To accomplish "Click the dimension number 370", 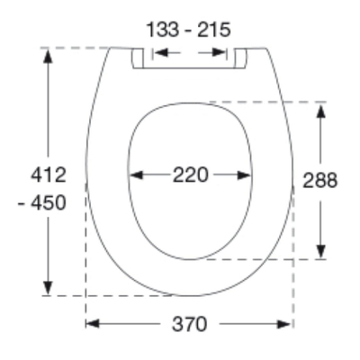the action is [189, 324].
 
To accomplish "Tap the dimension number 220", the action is [190, 175].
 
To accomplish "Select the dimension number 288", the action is [320, 181].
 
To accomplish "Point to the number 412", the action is [49, 175].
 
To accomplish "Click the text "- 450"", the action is [42, 202].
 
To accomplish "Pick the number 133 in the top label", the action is [163, 30].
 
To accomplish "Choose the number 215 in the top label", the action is [214, 30].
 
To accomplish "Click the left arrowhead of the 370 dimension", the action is [93, 324].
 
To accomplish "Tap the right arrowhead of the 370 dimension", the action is [284, 324].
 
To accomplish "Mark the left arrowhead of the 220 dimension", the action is [136, 175].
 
